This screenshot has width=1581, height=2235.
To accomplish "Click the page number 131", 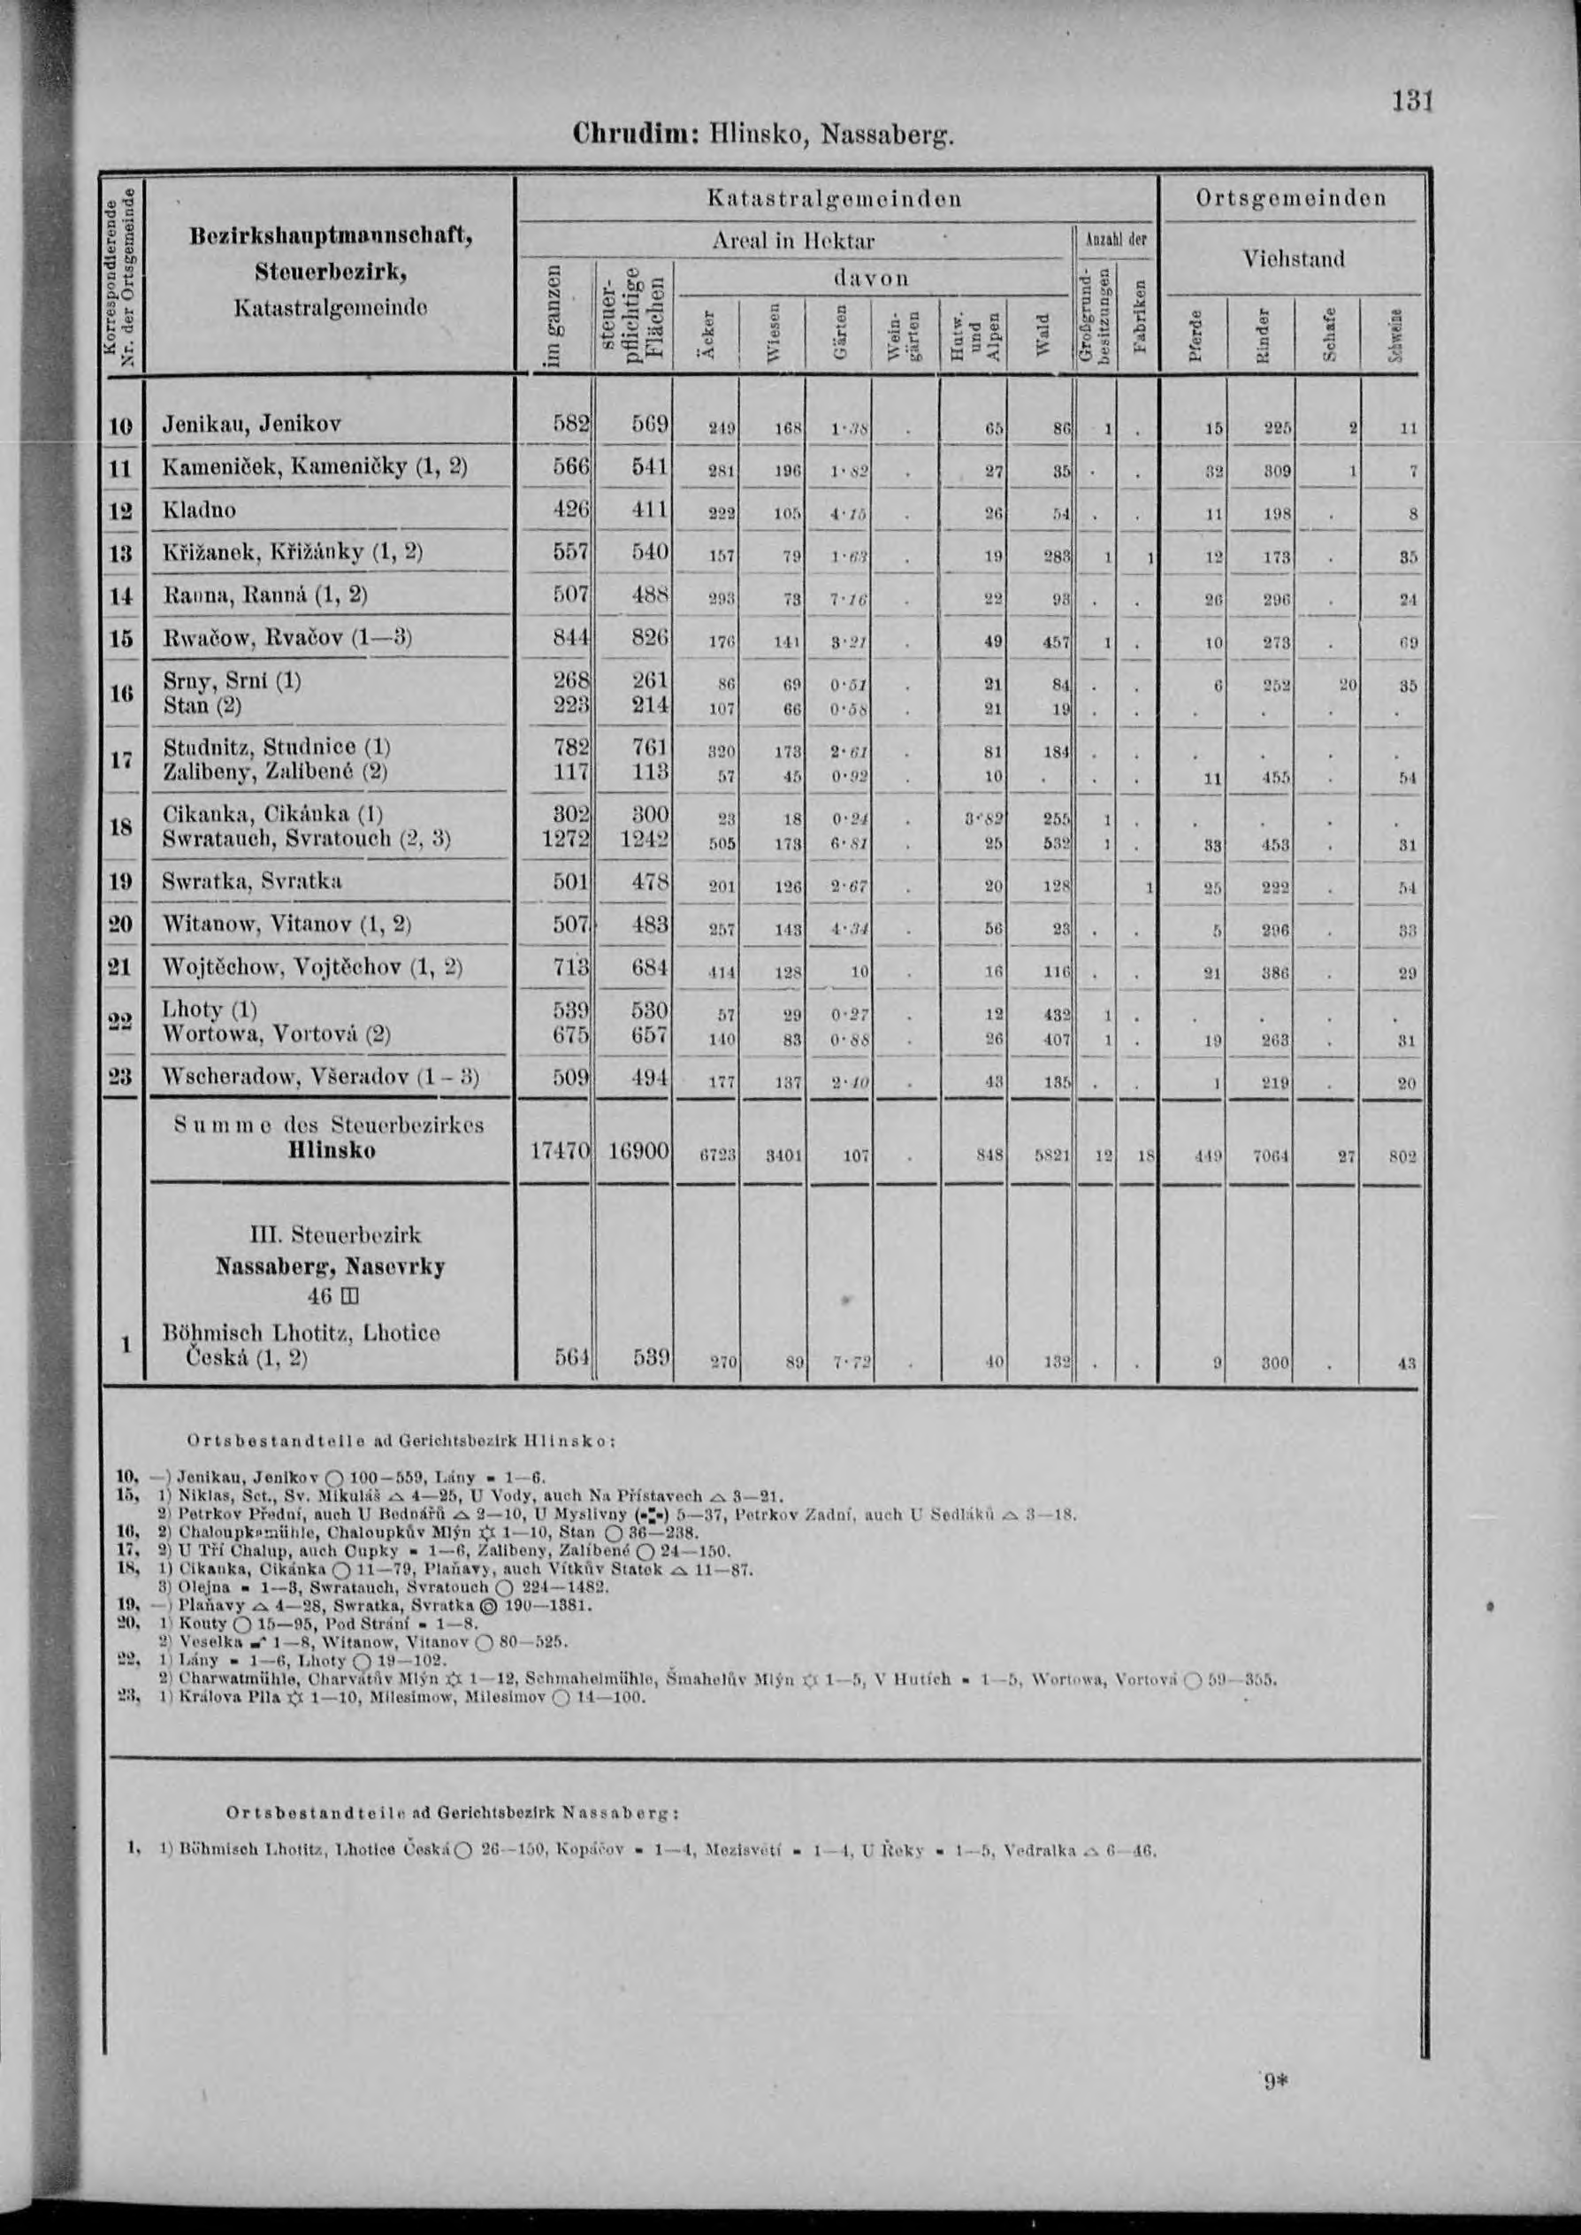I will (x=1414, y=100).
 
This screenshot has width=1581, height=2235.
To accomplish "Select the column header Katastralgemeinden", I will (x=835, y=200).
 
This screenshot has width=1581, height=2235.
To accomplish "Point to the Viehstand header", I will (x=1293, y=259).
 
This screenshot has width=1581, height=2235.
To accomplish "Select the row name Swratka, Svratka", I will (x=251, y=881).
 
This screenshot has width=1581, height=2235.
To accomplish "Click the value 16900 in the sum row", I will (x=638, y=1150).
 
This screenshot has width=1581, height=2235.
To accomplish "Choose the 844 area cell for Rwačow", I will (x=570, y=638).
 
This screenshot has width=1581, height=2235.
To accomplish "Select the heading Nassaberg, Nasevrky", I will (x=330, y=1267).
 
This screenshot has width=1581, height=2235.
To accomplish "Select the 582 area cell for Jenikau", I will (x=570, y=425).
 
